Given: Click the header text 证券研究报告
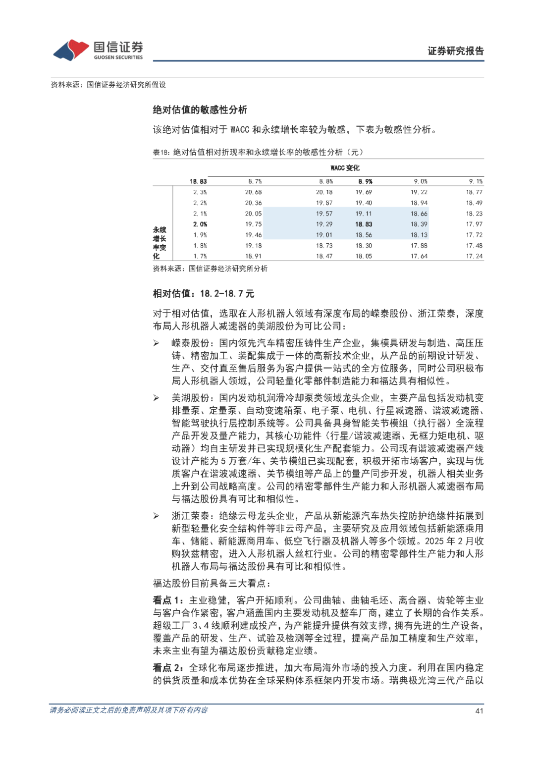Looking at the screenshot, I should click(455, 51).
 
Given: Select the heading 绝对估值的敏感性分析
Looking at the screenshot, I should click(200, 110).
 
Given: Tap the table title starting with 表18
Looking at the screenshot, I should click(258, 152).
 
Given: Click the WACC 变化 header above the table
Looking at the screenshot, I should click(345, 168).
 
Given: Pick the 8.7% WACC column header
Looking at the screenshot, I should click(255, 181).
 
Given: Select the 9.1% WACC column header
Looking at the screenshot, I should click(476, 181).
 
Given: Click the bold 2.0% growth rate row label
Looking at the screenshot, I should click(200, 224).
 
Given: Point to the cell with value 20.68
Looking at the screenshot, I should click(253, 192).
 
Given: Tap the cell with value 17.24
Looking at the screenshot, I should click(474, 256).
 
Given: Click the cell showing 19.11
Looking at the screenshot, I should click(364, 214).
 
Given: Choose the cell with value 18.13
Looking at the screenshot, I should click(419, 235).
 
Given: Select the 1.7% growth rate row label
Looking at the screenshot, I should click(200, 256).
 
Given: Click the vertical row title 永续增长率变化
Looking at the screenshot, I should click(159, 243).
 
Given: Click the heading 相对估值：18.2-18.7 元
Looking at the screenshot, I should click(203, 294).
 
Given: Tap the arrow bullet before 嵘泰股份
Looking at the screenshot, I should click(156, 343).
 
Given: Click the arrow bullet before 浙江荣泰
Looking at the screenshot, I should click(156, 516).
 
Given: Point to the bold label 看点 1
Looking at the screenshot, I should click(168, 600).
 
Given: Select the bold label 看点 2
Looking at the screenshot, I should click(168, 668).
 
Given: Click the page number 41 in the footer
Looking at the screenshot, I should click(479, 710).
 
